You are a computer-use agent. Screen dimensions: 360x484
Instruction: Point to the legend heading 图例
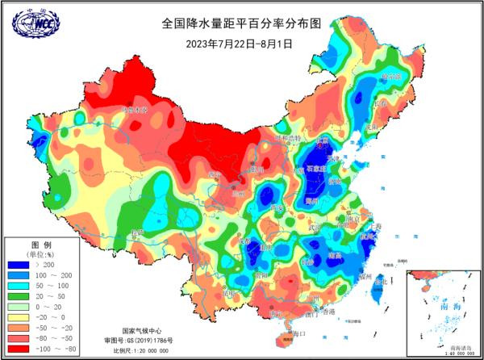pyautogui.click(x=41, y=244)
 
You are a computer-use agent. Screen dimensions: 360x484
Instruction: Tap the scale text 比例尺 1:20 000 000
pyautogui.click(x=144, y=351)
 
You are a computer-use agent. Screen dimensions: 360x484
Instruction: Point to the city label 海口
pyautogui.click(x=299, y=333)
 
